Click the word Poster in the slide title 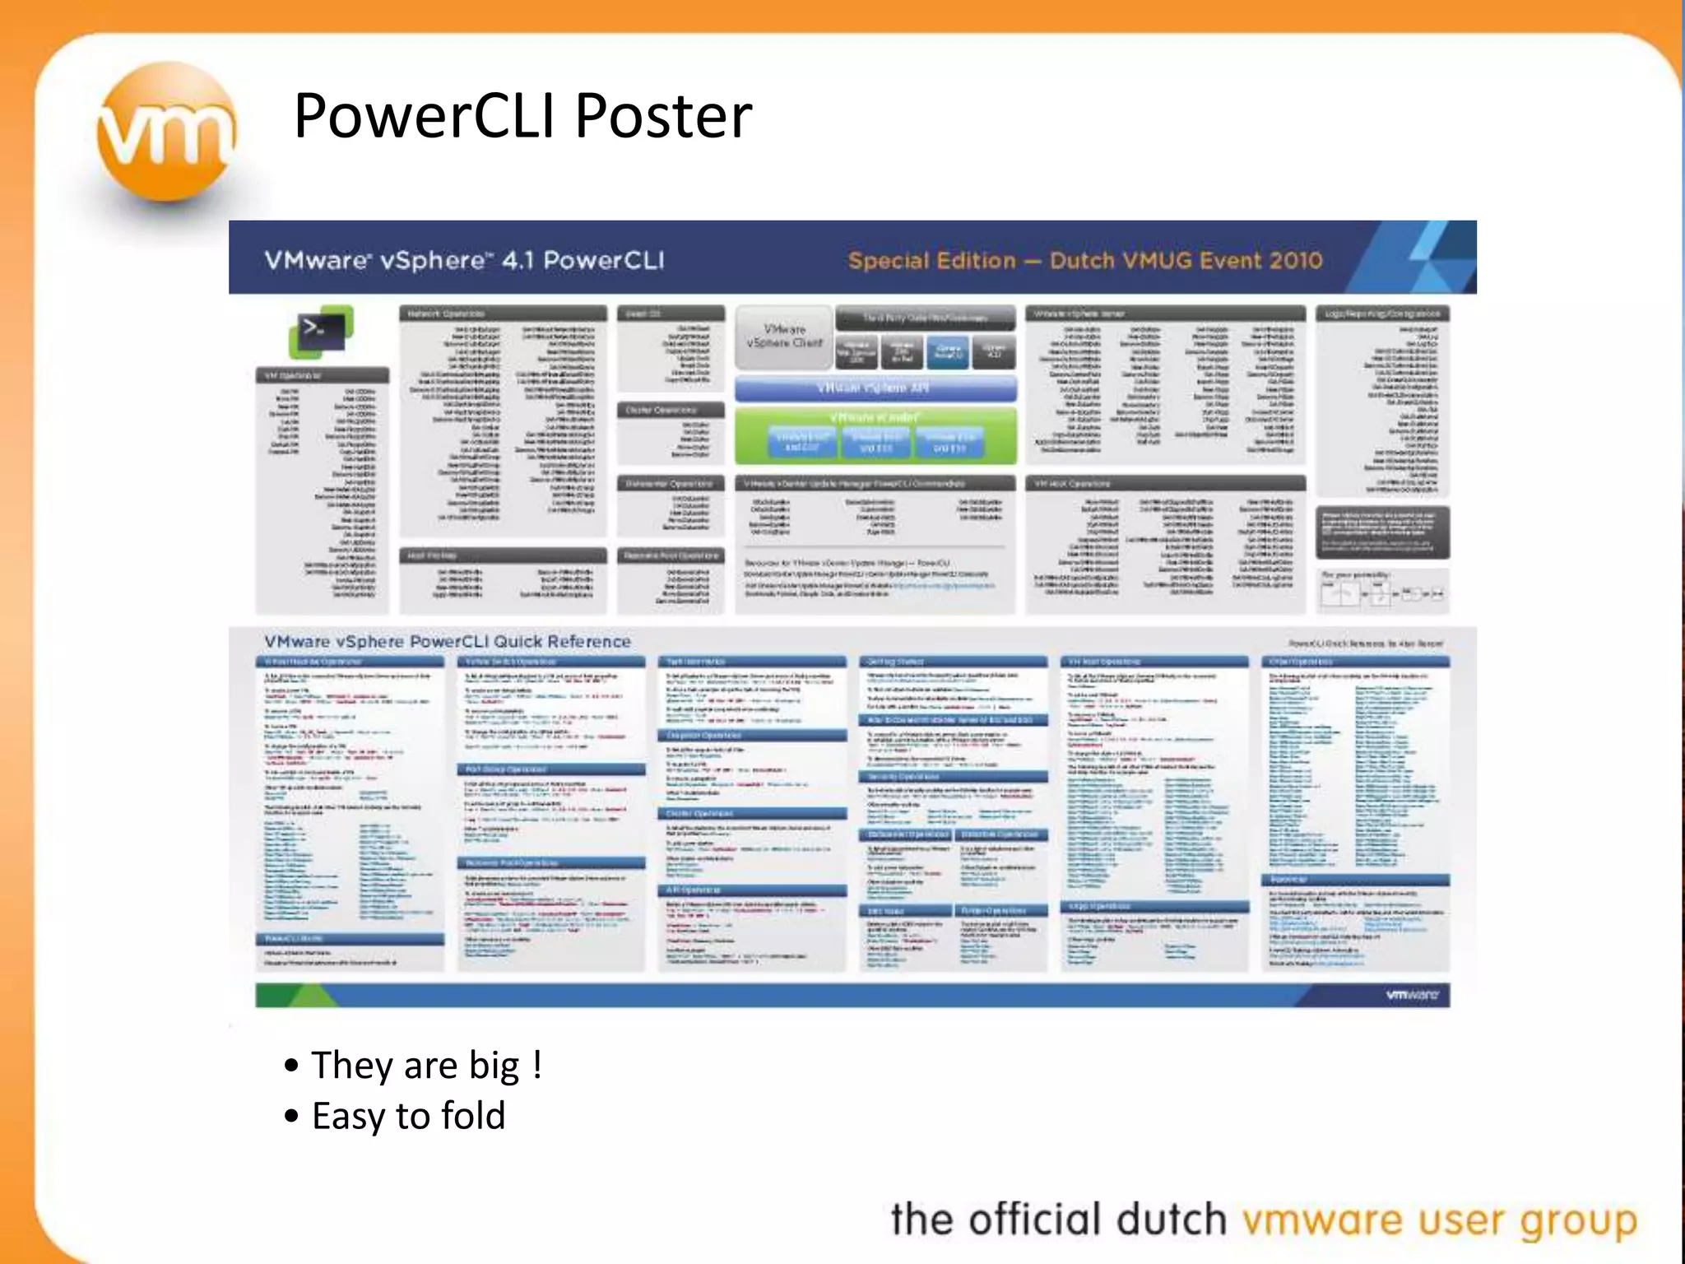(x=662, y=116)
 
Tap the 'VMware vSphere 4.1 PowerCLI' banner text (x=464, y=260)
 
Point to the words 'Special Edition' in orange (x=931, y=261)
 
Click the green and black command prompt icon (x=321, y=331)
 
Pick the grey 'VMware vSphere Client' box (x=784, y=337)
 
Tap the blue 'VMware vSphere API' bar (x=875, y=388)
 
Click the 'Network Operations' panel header (x=503, y=314)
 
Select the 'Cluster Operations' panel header (x=671, y=410)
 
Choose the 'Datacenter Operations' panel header (x=671, y=483)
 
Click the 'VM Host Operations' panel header (x=1164, y=483)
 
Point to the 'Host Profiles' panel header (x=503, y=555)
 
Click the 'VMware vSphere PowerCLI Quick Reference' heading (x=448, y=642)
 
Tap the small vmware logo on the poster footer (x=1412, y=995)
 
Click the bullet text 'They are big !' (x=426, y=1065)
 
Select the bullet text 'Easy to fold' (x=408, y=1117)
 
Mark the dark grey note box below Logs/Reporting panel (x=1382, y=532)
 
